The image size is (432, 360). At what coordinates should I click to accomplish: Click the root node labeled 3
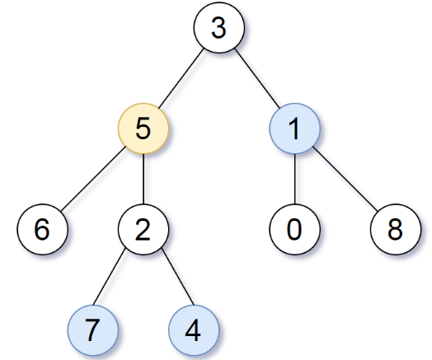(218, 30)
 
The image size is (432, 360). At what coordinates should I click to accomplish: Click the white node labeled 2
(143, 228)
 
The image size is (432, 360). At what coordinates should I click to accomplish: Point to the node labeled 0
(295, 228)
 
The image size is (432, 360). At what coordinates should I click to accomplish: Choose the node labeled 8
(396, 228)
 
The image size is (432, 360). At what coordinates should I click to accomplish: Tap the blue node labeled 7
(93, 329)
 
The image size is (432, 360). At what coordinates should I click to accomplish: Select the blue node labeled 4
(193, 329)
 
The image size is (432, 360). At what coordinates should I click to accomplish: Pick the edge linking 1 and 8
(345, 180)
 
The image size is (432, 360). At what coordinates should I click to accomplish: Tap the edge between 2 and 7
(119, 278)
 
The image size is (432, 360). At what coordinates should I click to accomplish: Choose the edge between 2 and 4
(168, 278)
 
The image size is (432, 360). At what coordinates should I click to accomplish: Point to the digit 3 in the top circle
(218, 30)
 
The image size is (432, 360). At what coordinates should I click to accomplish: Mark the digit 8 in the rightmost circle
(396, 228)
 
